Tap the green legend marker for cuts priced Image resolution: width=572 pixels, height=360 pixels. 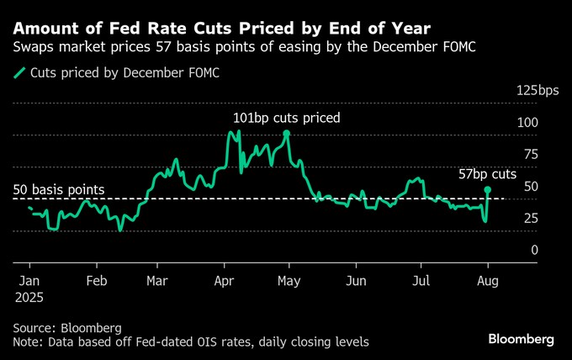point(20,73)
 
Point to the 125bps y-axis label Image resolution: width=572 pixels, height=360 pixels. point(537,91)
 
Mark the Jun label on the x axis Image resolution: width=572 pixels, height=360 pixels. point(357,281)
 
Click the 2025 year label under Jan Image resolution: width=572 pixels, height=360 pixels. point(28,297)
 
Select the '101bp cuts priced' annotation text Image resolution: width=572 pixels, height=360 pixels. point(287,118)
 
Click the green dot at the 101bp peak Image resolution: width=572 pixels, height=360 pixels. point(287,134)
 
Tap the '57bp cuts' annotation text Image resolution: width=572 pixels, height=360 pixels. point(487,175)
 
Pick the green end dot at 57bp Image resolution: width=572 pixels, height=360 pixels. point(488,190)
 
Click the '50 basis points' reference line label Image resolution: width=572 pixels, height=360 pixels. point(59,190)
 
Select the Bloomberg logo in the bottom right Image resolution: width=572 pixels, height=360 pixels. point(521,339)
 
